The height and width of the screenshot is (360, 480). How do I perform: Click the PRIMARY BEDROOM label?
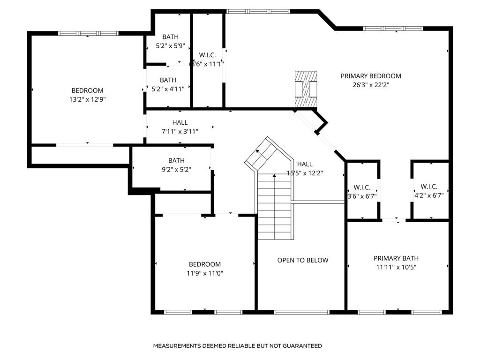pyautogui.click(x=371, y=76)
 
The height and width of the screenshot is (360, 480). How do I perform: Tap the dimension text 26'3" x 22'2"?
pyautogui.click(x=371, y=85)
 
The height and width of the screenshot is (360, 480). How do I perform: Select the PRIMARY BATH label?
pyautogui.click(x=396, y=258)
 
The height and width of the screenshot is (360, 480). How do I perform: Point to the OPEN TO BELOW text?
pyautogui.click(x=303, y=260)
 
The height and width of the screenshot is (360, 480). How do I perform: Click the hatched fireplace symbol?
pyautogui.click(x=306, y=89)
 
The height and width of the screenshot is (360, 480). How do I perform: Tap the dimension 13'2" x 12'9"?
pyautogui.click(x=88, y=99)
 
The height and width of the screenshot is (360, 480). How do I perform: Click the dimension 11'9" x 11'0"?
pyautogui.click(x=205, y=273)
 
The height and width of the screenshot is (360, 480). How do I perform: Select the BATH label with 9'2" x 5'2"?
pyautogui.click(x=176, y=160)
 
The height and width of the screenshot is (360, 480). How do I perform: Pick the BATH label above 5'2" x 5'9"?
pyautogui.click(x=171, y=37)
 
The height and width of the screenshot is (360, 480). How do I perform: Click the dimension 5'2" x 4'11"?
pyautogui.click(x=168, y=89)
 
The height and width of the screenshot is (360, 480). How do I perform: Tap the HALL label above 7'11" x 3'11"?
pyautogui.click(x=180, y=122)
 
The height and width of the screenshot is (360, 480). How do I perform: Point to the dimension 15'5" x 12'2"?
pyautogui.click(x=305, y=173)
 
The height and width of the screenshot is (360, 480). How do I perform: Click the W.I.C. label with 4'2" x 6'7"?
pyautogui.click(x=429, y=187)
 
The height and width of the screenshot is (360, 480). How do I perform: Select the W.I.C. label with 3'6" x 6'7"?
pyautogui.click(x=362, y=187)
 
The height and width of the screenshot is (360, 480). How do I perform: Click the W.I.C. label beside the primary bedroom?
pyautogui.click(x=207, y=55)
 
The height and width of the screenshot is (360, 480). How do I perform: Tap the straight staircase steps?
pyautogui.click(x=275, y=207)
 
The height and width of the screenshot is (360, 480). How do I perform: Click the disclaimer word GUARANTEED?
pyautogui.click(x=302, y=346)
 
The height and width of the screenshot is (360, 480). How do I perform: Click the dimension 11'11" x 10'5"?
pyautogui.click(x=396, y=267)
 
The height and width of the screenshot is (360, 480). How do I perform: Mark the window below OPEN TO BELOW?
pyautogui.click(x=302, y=312)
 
